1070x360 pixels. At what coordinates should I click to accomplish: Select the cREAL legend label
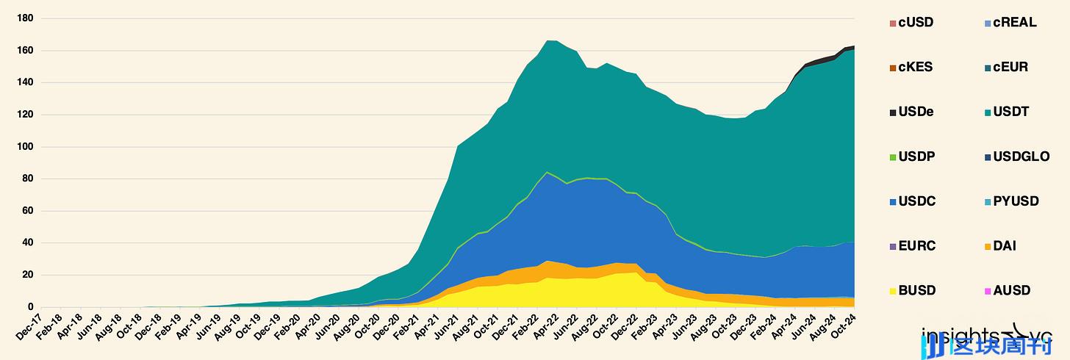click(1015, 23)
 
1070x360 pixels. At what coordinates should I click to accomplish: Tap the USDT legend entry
click(1011, 112)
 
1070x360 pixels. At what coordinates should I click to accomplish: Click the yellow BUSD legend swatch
click(893, 291)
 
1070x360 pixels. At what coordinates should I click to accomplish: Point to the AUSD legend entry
click(1011, 291)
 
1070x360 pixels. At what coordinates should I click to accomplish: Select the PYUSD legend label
click(1016, 201)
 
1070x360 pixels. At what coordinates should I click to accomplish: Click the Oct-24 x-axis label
click(843, 323)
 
